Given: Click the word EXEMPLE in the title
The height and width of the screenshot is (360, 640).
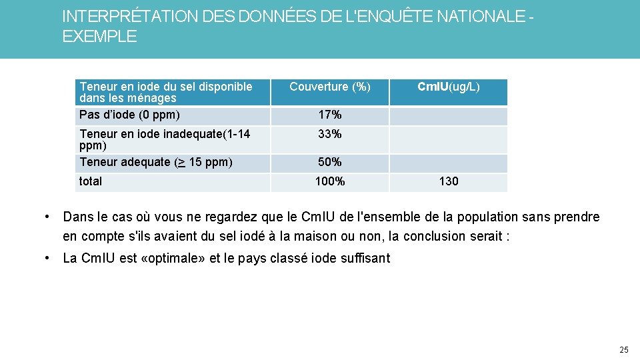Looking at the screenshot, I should click(99, 37).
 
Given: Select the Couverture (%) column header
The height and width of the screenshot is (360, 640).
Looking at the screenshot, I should click(329, 87).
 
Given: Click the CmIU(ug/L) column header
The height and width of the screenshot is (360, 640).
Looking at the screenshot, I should click(448, 87).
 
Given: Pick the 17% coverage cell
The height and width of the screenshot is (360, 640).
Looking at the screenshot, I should click(329, 115).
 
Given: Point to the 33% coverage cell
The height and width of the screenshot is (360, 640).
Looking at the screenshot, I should click(329, 134).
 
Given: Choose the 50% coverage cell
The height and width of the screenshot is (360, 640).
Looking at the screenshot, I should click(329, 162).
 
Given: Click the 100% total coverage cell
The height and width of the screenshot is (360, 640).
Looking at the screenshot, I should click(329, 181).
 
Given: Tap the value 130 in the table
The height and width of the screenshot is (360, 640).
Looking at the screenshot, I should click(448, 181).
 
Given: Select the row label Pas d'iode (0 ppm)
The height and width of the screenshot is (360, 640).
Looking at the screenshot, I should click(129, 115).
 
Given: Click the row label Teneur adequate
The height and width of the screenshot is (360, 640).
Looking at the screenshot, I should click(156, 162).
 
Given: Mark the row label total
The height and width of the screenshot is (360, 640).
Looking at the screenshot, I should click(91, 181).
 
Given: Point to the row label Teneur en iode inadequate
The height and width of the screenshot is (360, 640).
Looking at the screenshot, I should click(165, 134).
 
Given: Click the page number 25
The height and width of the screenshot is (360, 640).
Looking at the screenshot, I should click(623, 349).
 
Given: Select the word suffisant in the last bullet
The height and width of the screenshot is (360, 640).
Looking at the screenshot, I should click(365, 259).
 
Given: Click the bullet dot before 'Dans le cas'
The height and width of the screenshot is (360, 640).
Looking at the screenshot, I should click(48, 217).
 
